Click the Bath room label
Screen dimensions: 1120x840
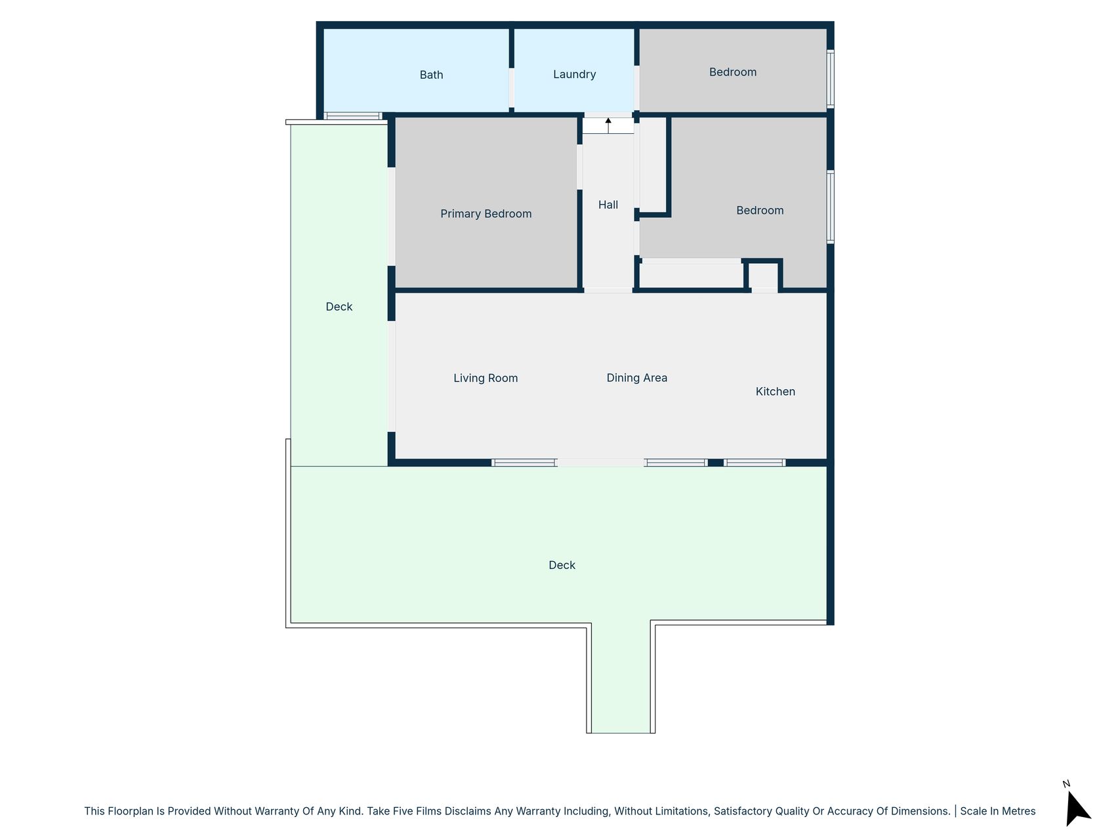pos(431,75)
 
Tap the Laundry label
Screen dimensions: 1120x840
pos(574,75)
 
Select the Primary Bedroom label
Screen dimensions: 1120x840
pos(486,214)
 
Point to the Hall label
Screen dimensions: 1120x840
pos(608,205)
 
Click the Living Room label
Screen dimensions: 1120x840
pos(486,378)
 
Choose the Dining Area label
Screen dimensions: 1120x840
pos(636,378)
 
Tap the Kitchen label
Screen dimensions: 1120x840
pos(775,392)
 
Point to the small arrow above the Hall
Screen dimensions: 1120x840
pos(608,125)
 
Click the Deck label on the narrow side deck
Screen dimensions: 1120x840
pos(339,307)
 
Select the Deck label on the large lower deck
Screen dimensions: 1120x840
pos(562,566)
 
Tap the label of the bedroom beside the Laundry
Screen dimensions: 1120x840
pos(733,72)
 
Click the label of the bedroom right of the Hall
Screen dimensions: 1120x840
pos(760,211)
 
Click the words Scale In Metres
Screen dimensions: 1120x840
pos(998,811)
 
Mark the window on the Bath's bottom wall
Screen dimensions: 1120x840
pos(353,116)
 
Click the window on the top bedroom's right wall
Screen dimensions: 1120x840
pos(830,79)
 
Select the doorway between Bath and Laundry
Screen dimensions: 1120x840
pos(512,88)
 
